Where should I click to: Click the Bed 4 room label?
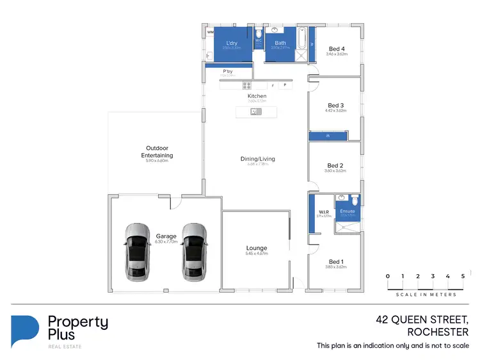point(336,49)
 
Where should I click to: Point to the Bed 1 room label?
point(336,261)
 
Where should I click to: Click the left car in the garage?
point(137,254)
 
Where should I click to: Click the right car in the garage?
point(194,254)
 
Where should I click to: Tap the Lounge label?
point(257,248)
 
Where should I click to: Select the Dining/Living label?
point(257,159)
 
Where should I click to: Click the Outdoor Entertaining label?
point(157,152)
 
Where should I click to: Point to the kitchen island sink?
point(255,111)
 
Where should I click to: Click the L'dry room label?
point(231,43)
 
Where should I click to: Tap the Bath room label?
point(280,43)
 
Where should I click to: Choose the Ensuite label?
point(348,211)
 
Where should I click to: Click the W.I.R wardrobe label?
point(323,212)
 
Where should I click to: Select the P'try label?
point(227,71)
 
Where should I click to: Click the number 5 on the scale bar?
point(463,276)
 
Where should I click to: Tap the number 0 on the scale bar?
point(387,276)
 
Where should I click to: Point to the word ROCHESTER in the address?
point(438,332)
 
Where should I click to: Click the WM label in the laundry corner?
point(210,31)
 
